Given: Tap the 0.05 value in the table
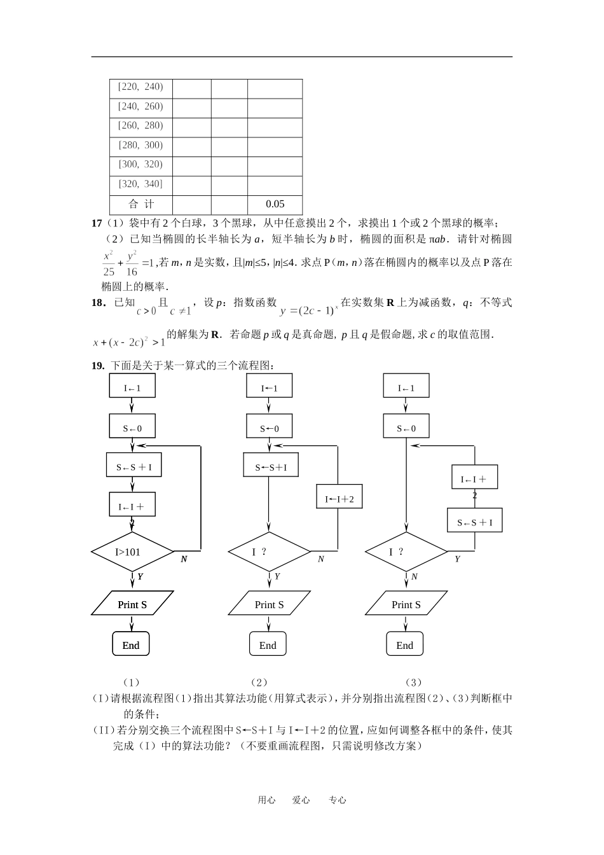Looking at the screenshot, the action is [x=275, y=204].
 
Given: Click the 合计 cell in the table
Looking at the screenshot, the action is [x=141, y=204].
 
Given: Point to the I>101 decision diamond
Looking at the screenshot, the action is [x=132, y=552].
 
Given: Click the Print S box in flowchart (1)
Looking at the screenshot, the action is [x=132, y=604].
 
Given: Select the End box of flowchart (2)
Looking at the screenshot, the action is [x=268, y=645].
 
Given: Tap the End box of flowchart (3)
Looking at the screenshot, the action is [x=405, y=645].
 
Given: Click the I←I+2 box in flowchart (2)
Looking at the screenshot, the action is [x=340, y=499].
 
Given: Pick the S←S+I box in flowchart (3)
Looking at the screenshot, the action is [x=475, y=523].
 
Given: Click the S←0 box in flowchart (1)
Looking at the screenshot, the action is [x=132, y=428].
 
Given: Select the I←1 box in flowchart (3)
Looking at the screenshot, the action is [x=406, y=388].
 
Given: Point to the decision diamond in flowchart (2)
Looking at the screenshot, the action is [x=269, y=552].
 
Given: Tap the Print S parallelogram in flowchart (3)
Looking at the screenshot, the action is [x=406, y=604].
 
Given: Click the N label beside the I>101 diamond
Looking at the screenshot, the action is [x=184, y=559].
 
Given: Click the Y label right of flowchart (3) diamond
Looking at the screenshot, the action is [x=457, y=559].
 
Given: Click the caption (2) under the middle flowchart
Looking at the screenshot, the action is [x=259, y=683].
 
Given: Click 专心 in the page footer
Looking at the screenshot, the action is [x=338, y=800].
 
